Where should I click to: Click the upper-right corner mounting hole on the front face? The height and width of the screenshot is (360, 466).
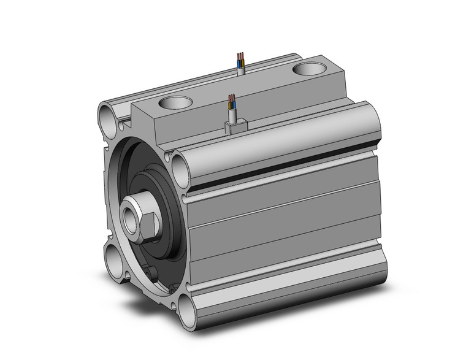181,166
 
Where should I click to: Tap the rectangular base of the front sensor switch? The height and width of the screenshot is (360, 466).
235,128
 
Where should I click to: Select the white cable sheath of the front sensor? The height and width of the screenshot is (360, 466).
232,115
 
